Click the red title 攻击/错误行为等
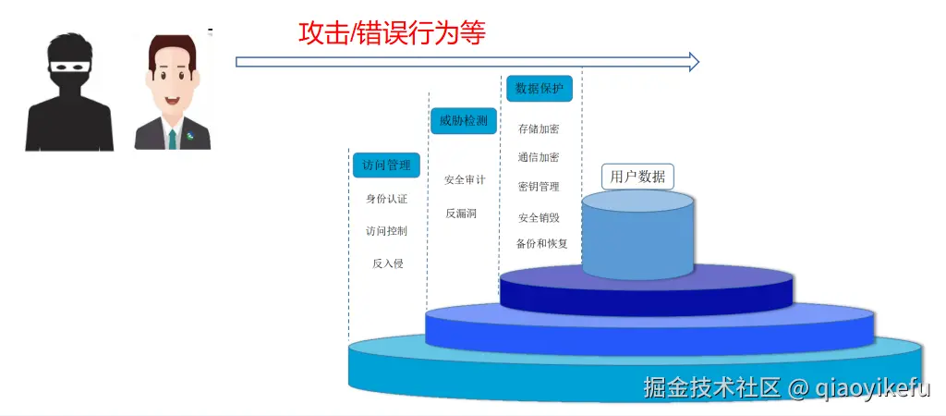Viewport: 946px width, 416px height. coord(392,32)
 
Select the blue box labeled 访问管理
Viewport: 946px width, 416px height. coord(386,165)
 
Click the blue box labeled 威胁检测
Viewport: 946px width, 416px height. coord(464,120)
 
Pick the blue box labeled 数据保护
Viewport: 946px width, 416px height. coord(540,89)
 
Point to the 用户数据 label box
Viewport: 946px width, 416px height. coord(637,176)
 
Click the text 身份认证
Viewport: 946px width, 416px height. coord(386,198)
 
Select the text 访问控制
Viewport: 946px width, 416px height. coord(386,230)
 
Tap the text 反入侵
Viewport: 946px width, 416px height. coord(387,263)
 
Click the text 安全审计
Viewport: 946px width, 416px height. coord(465,179)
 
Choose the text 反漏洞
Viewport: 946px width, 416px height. coord(461,213)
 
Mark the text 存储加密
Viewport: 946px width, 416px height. coord(539,128)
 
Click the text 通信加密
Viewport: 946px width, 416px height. coord(539,157)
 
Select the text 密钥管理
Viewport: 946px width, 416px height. coord(539,187)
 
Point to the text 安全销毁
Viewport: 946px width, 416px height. coord(539,217)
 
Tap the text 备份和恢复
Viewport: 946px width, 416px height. coord(542,244)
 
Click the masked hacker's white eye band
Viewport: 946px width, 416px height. coord(69,67)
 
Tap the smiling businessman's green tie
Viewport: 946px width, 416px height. coord(172,139)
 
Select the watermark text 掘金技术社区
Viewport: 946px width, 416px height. coord(711,387)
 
